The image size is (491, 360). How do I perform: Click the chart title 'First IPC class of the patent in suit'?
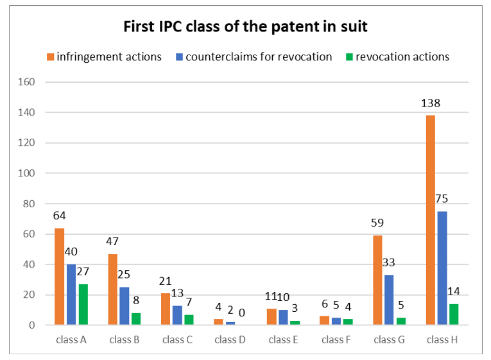(245, 27)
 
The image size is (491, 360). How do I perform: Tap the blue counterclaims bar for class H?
(443, 268)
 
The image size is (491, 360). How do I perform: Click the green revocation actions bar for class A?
(83, 305)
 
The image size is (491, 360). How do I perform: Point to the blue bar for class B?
(124, 306)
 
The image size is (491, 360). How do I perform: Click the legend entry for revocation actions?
(397, 56)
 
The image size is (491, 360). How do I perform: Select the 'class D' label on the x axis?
(230, 339)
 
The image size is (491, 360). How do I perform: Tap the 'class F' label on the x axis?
(336, 339)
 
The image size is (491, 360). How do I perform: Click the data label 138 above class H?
(431, 103)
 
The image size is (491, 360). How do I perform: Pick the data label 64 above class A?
(59, 216)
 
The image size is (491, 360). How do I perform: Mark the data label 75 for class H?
(443, 199)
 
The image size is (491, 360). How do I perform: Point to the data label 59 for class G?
(378, 223)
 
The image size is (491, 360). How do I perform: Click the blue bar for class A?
(71, 295)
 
